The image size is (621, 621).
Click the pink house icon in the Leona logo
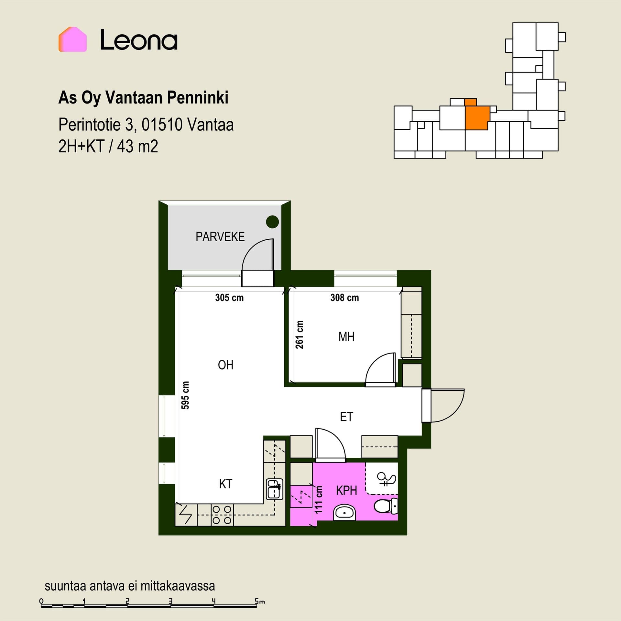(x=72, y=39)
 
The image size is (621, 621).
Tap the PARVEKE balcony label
(x=220, y=237)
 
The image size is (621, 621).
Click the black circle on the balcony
(x=272, y=222)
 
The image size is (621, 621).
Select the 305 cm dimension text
(x=229, y=298)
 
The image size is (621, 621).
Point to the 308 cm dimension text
(x=344, y=298)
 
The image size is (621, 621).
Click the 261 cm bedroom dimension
(x=300, y=335)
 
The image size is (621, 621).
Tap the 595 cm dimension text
(x=185, y=395)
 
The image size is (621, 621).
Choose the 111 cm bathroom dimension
(x=319, y=499)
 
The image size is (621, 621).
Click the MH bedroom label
(x=346, y=337)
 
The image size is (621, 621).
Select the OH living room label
(x=225, y=365)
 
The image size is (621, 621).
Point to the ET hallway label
(x=346, y=417)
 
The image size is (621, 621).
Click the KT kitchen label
(x=225, y=484)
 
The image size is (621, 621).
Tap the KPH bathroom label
(x=346, y=491)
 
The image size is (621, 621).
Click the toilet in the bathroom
(x=386, y=506)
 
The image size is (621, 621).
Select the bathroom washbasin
(x=344, y=512)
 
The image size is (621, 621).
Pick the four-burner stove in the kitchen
(x=222, y=515)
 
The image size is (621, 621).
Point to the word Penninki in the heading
(x=198, y=98)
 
